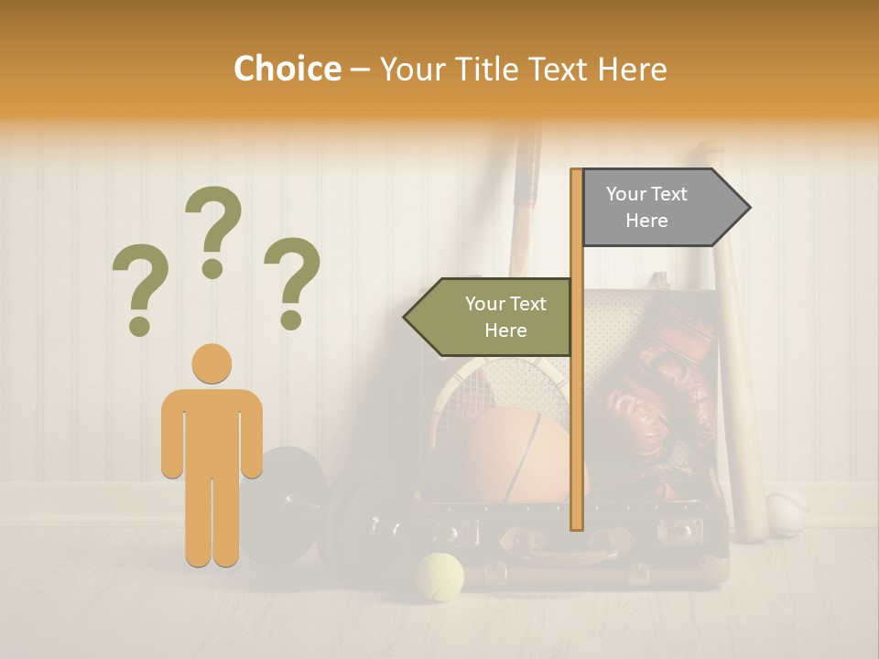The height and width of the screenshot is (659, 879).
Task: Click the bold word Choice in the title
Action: coord(287,69)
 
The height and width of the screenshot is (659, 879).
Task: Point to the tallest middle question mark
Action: coord(213,231)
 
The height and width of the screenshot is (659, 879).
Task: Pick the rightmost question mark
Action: coord(292,283)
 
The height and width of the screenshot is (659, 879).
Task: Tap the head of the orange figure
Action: coord(212,363)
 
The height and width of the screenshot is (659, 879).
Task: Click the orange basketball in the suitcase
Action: coord(517,455)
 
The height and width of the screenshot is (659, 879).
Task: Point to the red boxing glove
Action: coord(655,384)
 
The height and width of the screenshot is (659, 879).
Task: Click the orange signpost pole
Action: coord(576,412)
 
